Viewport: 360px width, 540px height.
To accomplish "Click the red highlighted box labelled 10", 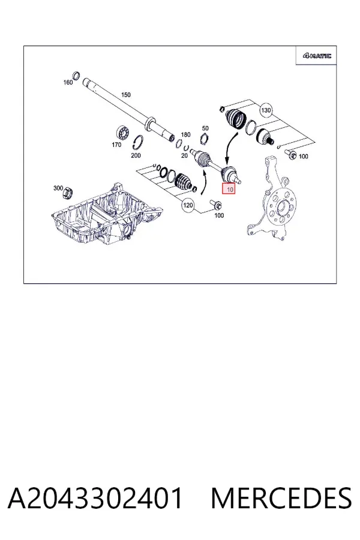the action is pyautogui.click(x=229, y=189).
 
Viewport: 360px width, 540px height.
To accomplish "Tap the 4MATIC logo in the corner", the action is pyautogui.click(x=317, y=55).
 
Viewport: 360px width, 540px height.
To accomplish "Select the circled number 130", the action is pyautogui.click(x=266, y=110).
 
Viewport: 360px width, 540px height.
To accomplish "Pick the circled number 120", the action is pyautogui.click(x=188, y=205).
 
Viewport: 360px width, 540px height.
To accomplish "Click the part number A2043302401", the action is pyautogui.click(x=95, y=499).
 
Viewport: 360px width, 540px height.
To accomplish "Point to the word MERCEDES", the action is pyautogui.click(x=281, y=499).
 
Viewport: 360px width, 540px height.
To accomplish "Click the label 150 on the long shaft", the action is pyautogui.click(x=126, y=95).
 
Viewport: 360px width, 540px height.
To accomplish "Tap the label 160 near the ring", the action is pyautogui.click(x=68, y=82).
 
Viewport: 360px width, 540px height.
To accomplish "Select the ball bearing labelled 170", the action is pyautogui.click(x=122, y=133).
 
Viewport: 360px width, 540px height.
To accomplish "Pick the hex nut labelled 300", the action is pyautogui.click(x=67, y=193).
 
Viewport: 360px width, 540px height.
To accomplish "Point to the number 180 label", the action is pyautogui.click(x=185, y=134).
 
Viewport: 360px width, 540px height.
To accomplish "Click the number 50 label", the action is pyautogui.click(x=205, y=128).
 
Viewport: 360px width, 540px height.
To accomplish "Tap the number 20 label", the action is pyautogui.click(x=184, y=155).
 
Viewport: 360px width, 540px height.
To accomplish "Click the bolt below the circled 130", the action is pyautogui.click(x=291, y=154).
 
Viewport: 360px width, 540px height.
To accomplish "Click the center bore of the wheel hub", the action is pyautogui.click(x=281, y=207).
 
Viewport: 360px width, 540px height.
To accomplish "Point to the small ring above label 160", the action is pyautogui.click(x=76, y=75).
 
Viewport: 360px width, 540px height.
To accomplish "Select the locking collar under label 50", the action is pyautogui.click(x=205, y=139).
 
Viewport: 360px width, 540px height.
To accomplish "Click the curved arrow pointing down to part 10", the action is pyautogui.click(x=230, y=146).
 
